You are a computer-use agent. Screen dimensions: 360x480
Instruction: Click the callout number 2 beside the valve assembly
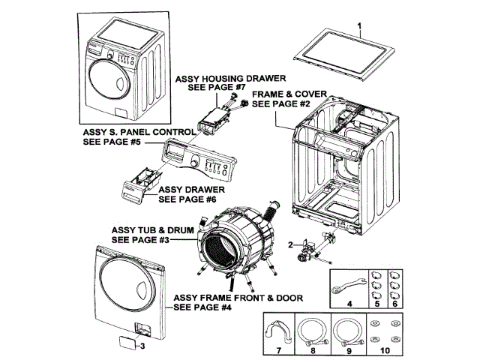pos(289,245)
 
